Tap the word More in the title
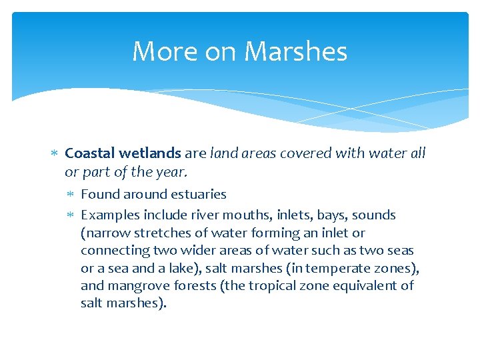coord(158,51)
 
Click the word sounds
coord(374,215)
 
